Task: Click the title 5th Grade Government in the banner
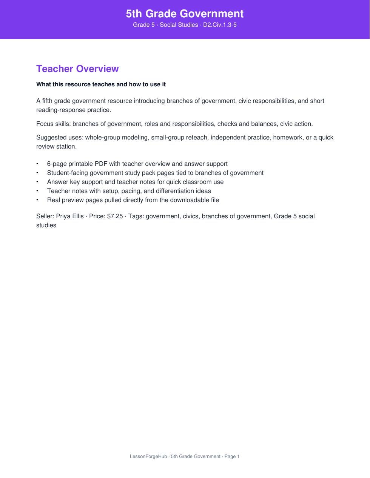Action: point(185,14)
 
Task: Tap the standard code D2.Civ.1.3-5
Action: point(220,25)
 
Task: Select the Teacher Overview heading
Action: point(77,69)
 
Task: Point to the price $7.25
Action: point(115,216)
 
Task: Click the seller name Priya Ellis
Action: point(70,216)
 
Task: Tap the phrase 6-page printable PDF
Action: point(77,164)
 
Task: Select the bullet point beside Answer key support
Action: point(37,182)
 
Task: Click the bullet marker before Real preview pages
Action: point(37,200)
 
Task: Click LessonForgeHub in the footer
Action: point(148,457)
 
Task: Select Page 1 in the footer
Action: point(232,457)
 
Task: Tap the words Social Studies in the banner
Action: point(179,25)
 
